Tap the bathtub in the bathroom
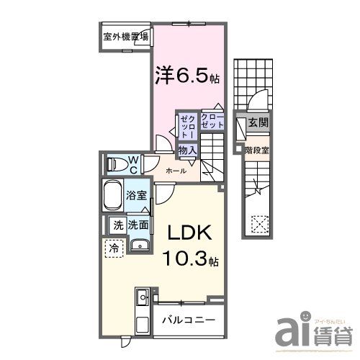113,194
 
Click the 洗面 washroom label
138,225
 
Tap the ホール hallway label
176,171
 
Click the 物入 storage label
187,149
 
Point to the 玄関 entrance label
258,124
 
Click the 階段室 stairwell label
257,151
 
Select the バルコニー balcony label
187,319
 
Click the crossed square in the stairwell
258,225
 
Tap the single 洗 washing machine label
117,225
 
